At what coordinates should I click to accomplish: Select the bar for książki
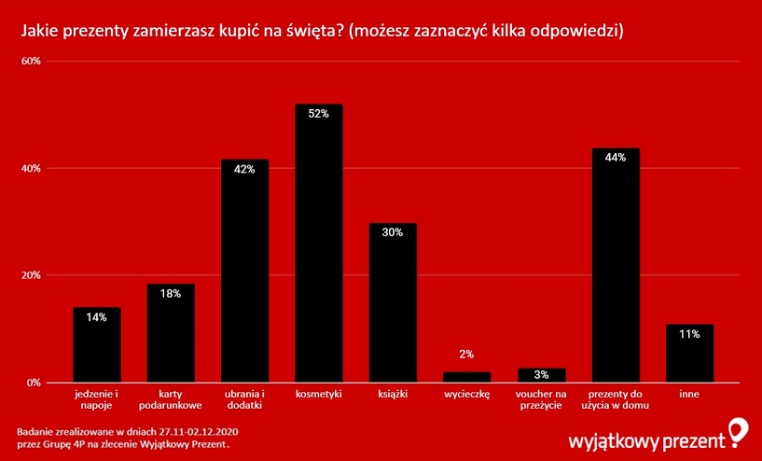point(393,302)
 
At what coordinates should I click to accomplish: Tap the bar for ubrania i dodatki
point(244,271)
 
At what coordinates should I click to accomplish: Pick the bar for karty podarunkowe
point(171,333)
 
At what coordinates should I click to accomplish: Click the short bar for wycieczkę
point(466,377)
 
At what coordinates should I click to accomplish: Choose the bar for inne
point(689,353)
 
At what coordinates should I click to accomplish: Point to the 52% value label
point(319,114)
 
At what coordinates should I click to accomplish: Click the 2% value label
point(466,355)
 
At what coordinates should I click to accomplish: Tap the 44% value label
point(616,158)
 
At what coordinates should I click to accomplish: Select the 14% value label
point(97,317)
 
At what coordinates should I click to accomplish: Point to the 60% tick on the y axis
point(31,62)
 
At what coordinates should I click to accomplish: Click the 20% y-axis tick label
point(31,275)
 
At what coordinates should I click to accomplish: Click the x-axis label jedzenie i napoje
point(97,400)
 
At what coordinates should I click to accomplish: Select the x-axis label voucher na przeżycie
point(541,400)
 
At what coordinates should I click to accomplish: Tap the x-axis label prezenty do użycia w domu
point(616,400)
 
